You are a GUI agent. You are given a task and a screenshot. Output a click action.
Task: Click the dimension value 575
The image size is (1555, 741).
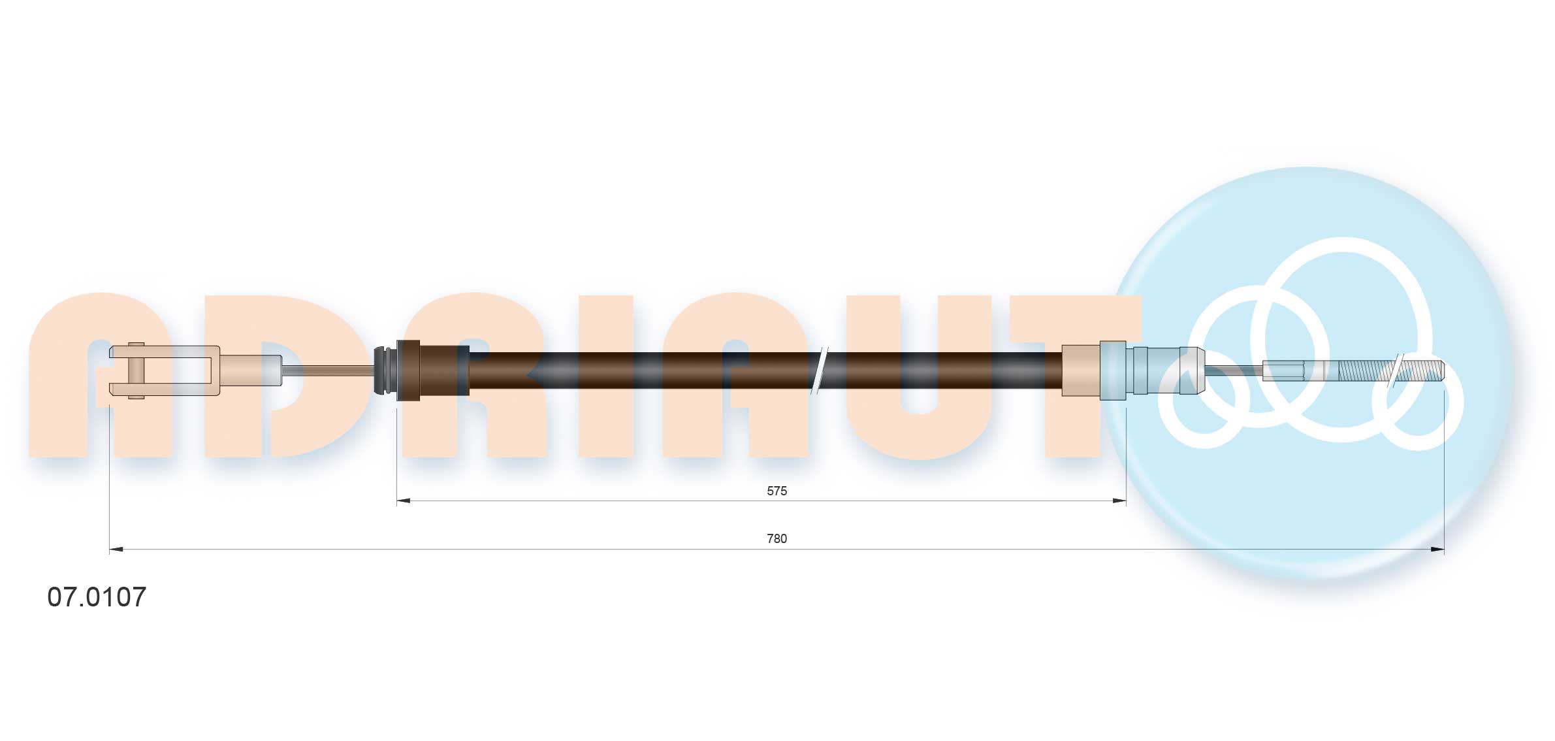[x=777, y=491]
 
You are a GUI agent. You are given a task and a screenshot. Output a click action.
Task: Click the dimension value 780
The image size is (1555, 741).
[x=777, y=538]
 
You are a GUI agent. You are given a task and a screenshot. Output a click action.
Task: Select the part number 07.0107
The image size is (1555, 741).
[x=97, y=597]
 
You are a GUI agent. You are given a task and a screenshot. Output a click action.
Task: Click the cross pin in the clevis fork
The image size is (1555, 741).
[x=136, y=370]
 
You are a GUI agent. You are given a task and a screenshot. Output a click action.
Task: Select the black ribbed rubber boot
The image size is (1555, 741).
[x=385, y=370]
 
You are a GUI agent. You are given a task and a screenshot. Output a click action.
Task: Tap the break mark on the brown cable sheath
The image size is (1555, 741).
[x=818, y=370]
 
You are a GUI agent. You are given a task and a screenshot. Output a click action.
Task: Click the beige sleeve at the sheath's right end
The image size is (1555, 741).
[x=1080, y=370]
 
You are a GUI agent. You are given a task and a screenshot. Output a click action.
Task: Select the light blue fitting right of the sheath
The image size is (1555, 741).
[x=1149, y=370]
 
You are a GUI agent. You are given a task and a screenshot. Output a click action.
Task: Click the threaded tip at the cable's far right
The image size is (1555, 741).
[x=1430, y=371]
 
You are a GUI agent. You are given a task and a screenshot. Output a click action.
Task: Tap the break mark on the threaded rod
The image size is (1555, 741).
[x=1397, y=371]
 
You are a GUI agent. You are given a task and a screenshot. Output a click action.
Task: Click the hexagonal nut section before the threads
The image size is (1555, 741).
[x=1284, y=371]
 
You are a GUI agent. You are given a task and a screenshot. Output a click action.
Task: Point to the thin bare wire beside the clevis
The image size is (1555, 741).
[x=327, y=370]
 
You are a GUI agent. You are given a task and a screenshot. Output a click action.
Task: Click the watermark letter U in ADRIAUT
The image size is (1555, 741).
[x=918, y=405]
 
